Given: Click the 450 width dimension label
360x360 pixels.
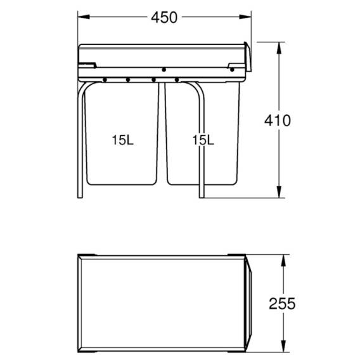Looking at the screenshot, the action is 164,18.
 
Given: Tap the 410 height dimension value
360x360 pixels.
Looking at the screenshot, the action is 278,120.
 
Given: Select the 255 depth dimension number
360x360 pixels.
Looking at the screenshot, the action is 282,304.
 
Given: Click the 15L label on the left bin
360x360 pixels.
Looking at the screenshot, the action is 122,140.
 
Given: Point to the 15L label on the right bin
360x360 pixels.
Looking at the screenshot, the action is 203,140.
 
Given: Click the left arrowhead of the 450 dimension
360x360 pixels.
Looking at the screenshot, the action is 84,16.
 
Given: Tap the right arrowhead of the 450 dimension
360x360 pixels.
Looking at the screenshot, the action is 245,16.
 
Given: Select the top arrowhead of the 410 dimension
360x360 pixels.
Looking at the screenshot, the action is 279,48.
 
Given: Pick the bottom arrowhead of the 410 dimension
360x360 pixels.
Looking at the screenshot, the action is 279,191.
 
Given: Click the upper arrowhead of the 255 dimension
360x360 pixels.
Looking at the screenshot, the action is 283,260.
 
